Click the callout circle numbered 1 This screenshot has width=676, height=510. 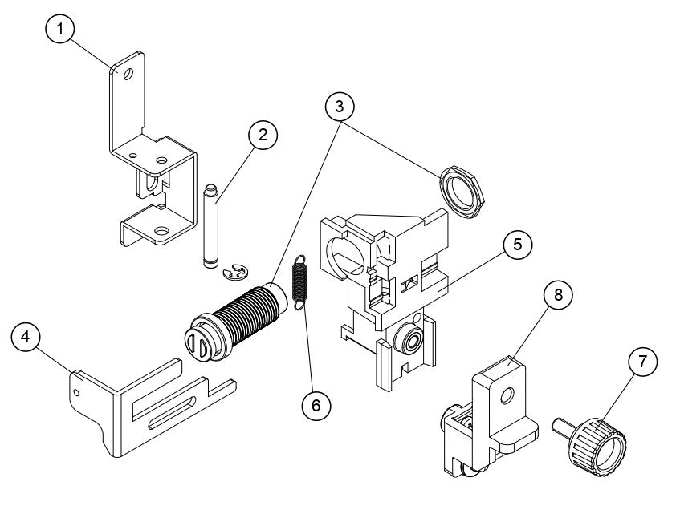[61, 30]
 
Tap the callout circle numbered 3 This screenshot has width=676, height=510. [340, 104]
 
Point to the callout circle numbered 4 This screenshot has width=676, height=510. [26, 338]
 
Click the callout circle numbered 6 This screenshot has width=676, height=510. [316, 407]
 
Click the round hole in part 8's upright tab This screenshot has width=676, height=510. [505, 396]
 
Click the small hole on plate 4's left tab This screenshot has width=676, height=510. [77, 392]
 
